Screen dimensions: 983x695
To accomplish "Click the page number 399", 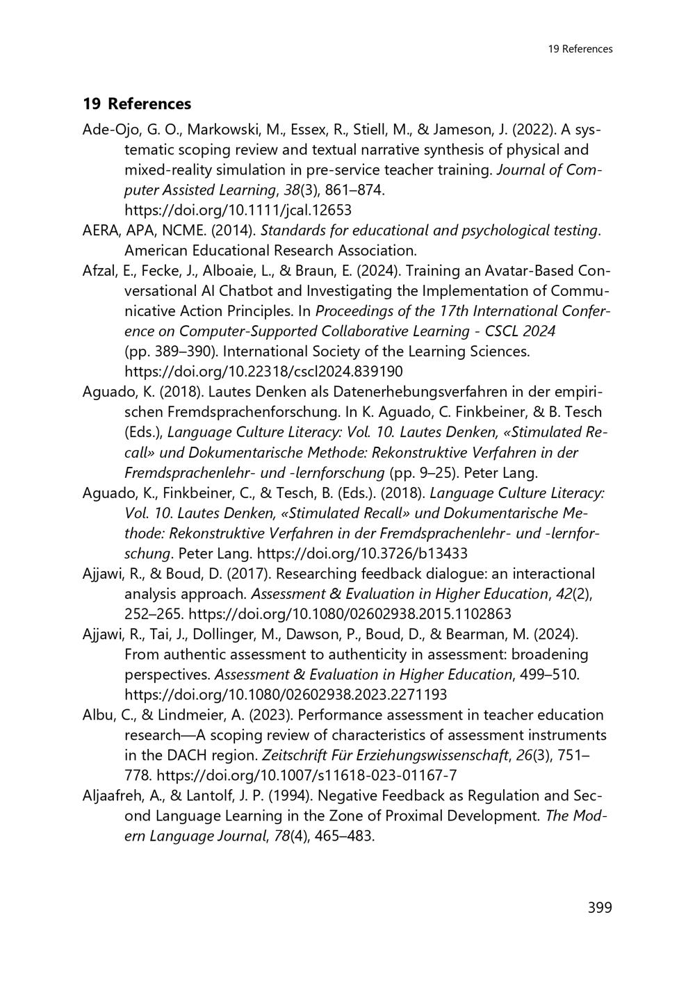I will point(599,907).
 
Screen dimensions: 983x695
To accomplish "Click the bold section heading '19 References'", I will point(137,104).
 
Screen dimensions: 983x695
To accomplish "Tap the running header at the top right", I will point(580,49).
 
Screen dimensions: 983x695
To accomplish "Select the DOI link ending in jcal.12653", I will point(238,210).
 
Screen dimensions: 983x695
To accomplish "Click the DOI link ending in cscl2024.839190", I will point(263,371).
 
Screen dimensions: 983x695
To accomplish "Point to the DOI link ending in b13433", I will point(362,553).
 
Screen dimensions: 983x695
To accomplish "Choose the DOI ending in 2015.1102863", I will point(350,614).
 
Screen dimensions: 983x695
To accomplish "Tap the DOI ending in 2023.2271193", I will point(286,695).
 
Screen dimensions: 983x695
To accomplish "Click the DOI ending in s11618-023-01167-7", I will point(306,775).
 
